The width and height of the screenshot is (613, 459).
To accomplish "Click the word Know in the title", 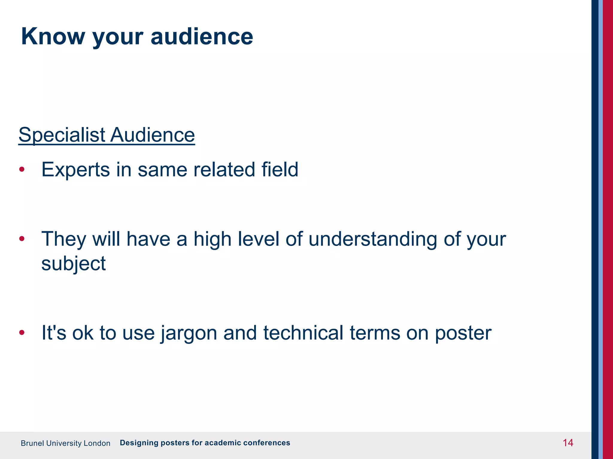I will coord(53,36).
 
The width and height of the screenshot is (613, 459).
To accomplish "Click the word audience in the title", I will coord(202,36).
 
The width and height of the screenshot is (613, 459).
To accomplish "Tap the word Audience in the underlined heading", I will coord(152,135).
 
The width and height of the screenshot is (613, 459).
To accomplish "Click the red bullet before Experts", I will coord(22,169).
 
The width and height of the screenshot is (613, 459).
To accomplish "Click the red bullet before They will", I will coord(22,239).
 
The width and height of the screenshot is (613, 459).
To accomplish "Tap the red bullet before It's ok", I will coord(22,332).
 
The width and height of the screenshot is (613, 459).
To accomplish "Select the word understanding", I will coord(373,239).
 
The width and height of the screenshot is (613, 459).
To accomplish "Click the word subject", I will coord(73,264).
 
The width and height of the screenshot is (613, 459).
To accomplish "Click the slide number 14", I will coord(568,443).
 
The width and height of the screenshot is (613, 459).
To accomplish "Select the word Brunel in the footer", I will coord(32,443).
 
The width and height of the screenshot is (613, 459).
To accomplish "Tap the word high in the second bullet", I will coord(212,239).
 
